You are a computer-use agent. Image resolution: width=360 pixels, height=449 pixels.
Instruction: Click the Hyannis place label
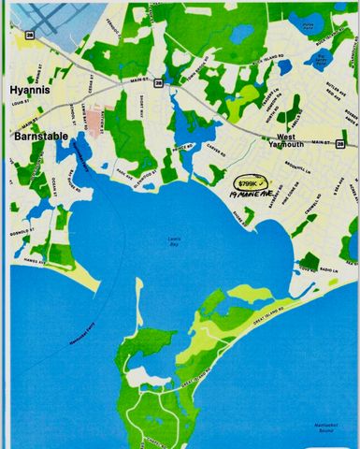pos(29,89)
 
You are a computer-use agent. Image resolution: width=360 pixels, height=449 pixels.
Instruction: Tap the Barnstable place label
pos(36,136)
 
